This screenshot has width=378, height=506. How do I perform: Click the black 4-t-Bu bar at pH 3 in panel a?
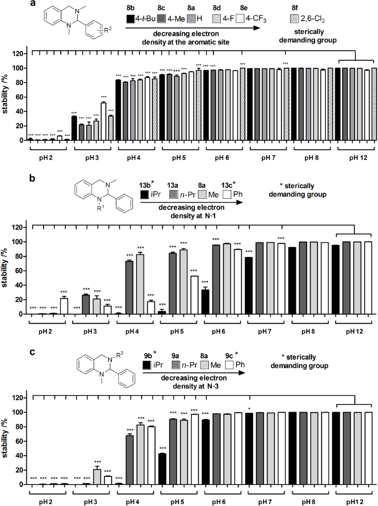coord(74,128)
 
